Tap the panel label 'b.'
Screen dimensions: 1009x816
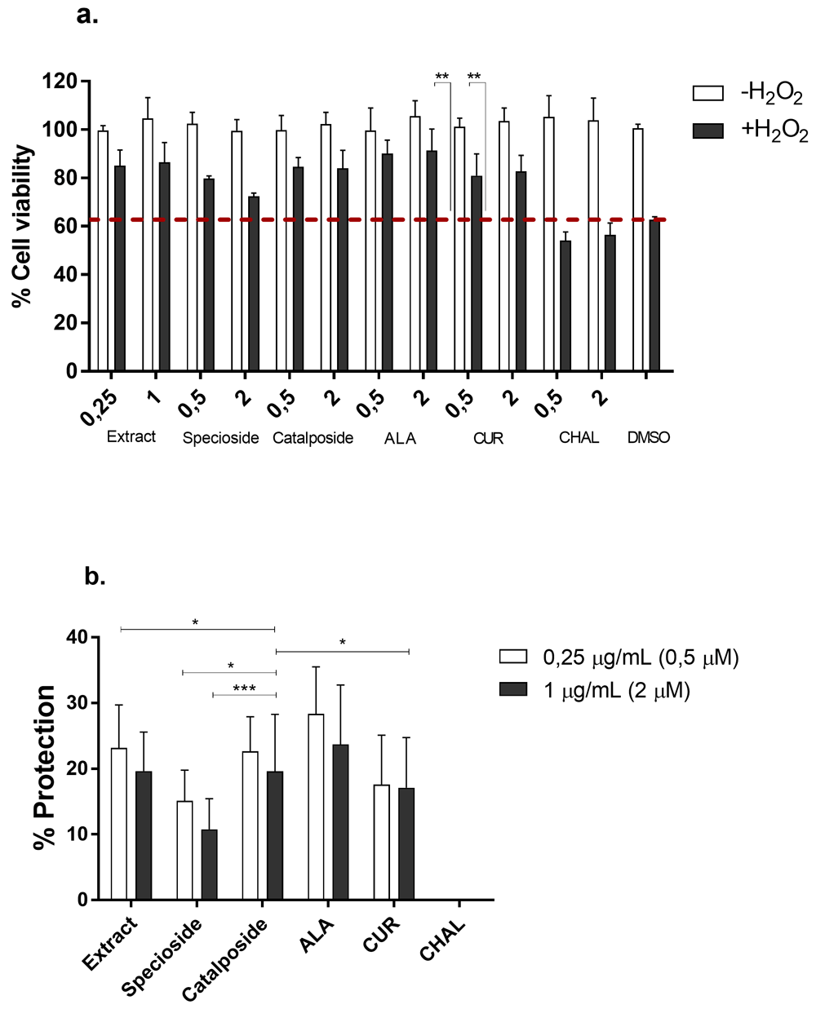(95, 577)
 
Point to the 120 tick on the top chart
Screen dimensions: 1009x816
(62, 82)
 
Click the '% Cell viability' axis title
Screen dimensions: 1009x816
(24, 226)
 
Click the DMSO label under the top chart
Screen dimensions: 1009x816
(648, 438)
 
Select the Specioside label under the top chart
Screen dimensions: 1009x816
(220, 438)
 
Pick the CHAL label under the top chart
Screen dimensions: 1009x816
(579, 438)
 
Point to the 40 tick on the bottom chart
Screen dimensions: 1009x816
(80, 637)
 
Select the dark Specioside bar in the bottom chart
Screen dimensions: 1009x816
(210, 865)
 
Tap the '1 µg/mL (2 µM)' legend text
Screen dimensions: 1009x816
(616, 691)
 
